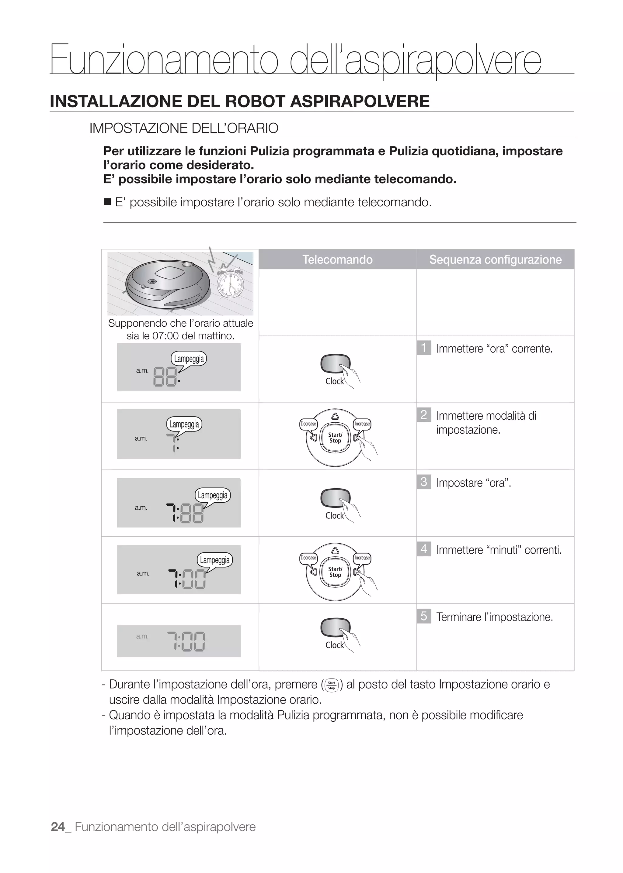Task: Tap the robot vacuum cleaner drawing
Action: [x=168, y=284]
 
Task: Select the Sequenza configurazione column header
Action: [x=495, y=259]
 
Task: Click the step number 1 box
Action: [x=423, y=348]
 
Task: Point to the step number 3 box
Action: [x=423, y=482]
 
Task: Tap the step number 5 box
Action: [x=423, y=616]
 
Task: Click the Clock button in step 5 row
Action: [x=335, y=628]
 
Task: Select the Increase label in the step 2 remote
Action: [x=362, y=424]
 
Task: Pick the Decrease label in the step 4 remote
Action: [x=308, y=558]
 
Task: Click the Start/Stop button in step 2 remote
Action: [x=335, y=438]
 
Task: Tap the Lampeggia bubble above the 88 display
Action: [x=189, y=359]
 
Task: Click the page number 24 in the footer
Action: [x=58, y=827]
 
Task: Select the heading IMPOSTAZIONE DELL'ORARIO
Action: [x=184, y=128]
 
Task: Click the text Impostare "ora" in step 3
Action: [x=473, y=483]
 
